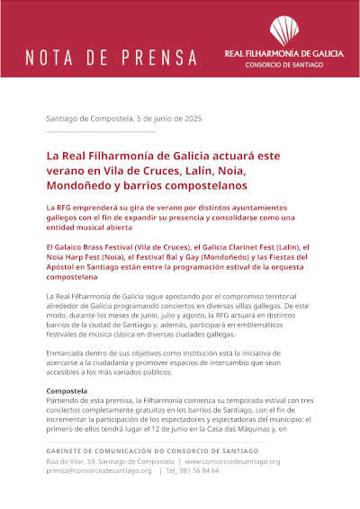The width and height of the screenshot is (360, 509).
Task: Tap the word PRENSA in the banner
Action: [161, 59]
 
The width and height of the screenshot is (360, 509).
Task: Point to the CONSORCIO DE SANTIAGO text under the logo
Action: [283, 67]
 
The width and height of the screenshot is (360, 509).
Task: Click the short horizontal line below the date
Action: [100, 132]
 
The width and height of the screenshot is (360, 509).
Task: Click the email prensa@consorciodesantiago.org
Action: [99, 470]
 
